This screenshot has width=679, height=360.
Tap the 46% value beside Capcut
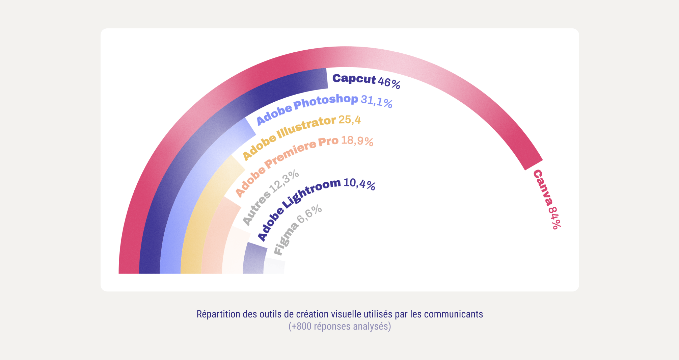click(x=389, y=83)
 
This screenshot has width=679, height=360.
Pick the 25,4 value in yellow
click(x=349, y=120)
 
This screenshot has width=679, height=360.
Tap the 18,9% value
click(x=357, y=140)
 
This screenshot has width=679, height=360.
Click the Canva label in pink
click(x=542, y=188)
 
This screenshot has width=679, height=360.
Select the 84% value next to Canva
click(x=554, y=217)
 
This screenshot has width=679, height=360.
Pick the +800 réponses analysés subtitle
click(x=339, y=327)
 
